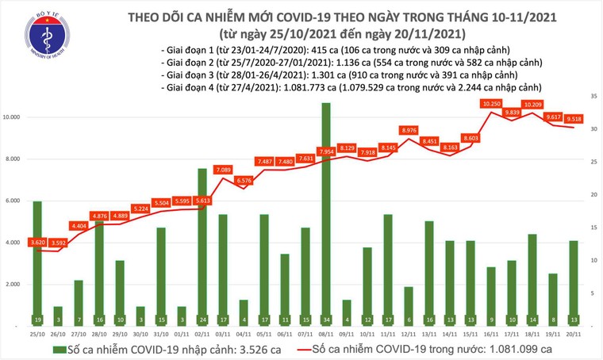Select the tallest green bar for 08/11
pyautogui.click(x=325, y=214)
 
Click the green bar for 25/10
pyautogui.click(x=37, y=262)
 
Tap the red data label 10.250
pyautogui.click(x=491, y=104)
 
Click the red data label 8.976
pyautogui.click(x=408, y=130)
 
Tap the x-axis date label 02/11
pyautogui.click(x=202, y=335)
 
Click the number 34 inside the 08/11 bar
pyautogui.click(x=325, y=320)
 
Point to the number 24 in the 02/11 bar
pyautogui.click(x=202, y=320)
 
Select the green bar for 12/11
pyautogui.click(x=408, y=306)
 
